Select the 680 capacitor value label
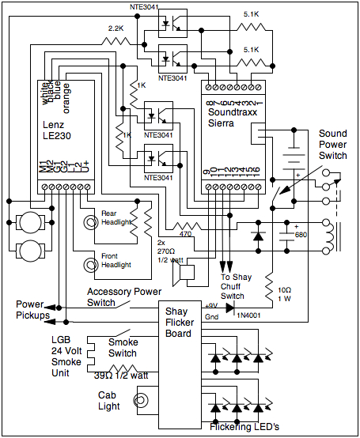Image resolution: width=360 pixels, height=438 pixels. coord(298,235)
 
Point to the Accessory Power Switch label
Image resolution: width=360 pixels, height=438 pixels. coord(123,296)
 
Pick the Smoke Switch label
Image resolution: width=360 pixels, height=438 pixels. coord(123,348)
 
